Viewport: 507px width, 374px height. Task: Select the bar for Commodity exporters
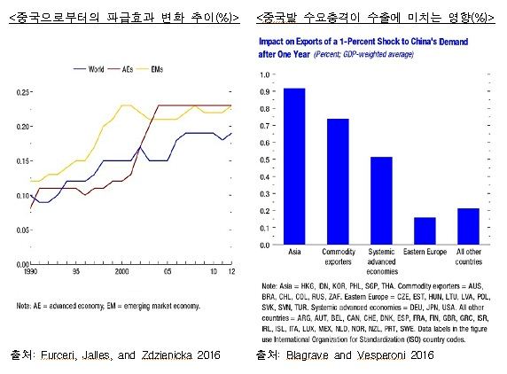(339, 181)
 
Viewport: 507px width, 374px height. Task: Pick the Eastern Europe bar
(425, 230)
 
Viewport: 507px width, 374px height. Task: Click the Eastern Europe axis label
(425, 251)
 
